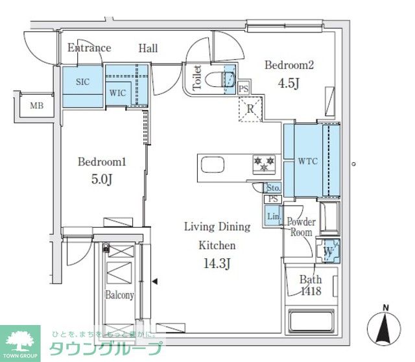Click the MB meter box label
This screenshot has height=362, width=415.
[36, 106]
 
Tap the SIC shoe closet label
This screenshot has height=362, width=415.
[82, 82]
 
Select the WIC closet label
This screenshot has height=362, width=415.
[117, 93]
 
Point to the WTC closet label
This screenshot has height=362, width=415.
[308, 161]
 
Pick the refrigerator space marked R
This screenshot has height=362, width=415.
[250, 109]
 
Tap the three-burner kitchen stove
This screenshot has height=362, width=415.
[264, 164]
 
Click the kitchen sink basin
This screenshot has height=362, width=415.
[213, 164]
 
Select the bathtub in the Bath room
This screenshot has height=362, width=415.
[311, 320]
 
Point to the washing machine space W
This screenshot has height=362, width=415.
[328, 251]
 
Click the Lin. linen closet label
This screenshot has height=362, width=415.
[274, 216]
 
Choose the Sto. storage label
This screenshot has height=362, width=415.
[273, 187]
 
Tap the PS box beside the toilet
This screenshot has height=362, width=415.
[244, 89]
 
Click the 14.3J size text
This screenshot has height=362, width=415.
[217, 263]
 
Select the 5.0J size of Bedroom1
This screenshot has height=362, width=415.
[102, 179]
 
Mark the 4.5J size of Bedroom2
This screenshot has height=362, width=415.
[289, 83]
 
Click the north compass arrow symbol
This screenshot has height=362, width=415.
[384, 326]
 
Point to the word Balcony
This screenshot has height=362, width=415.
[119, 295]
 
